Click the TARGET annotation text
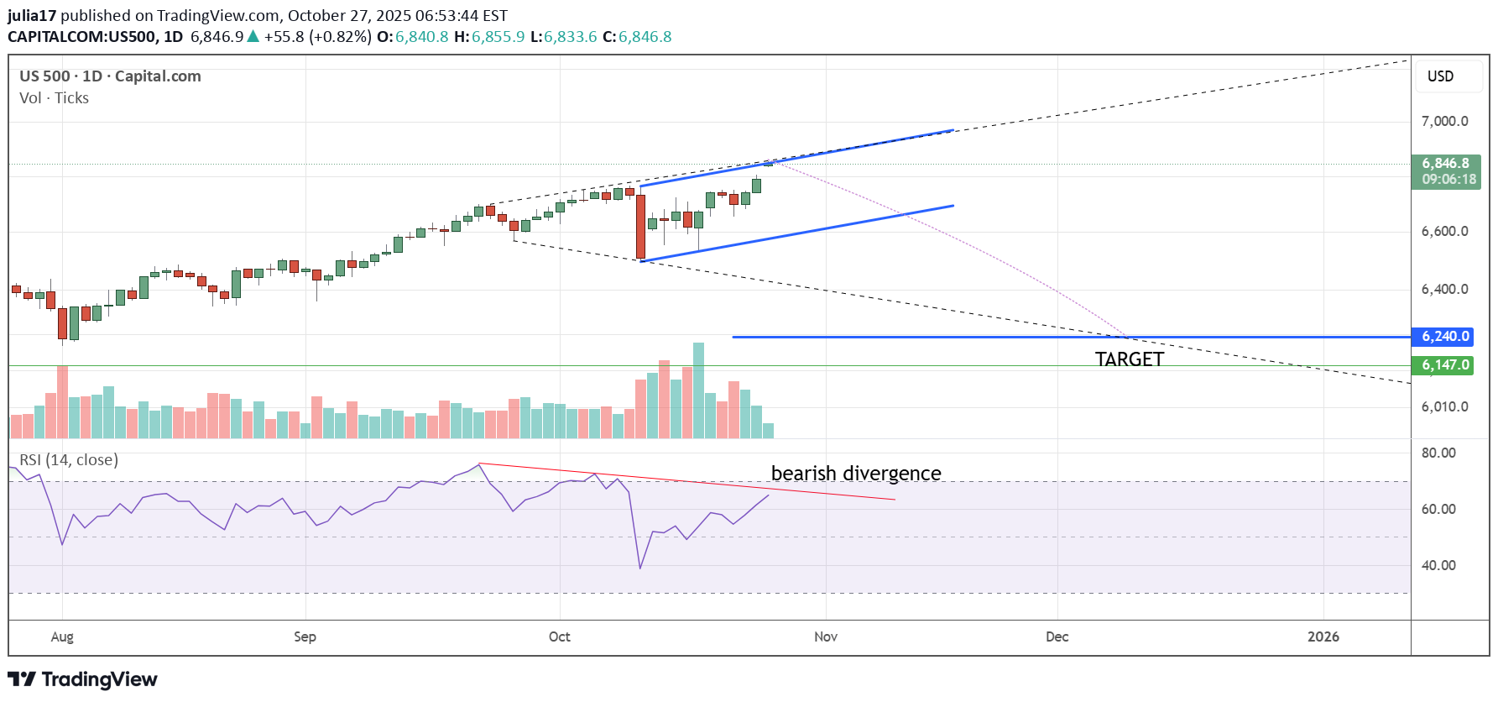pos(1129,359)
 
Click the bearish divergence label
pos(856,474)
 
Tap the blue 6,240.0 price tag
pos(1444,337)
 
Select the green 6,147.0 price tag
pos(1444,365)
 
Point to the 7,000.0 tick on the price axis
pos(1444,122)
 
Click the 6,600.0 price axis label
pos(1444,232)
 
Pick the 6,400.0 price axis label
pos(1444,290)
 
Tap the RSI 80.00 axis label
pos(1438,453)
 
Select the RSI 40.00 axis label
pos(1438,566)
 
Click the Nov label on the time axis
pos(826,637)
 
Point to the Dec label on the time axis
pos(1057,637)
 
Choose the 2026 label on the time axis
pos(1323,637)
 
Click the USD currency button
pos(1440,76)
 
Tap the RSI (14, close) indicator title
pos(69,460)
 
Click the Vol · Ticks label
pos(54,98)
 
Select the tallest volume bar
pos(698,390)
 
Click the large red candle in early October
pos(641,227)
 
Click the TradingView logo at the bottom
pos(82,679)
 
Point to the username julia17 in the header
pos(32,15)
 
